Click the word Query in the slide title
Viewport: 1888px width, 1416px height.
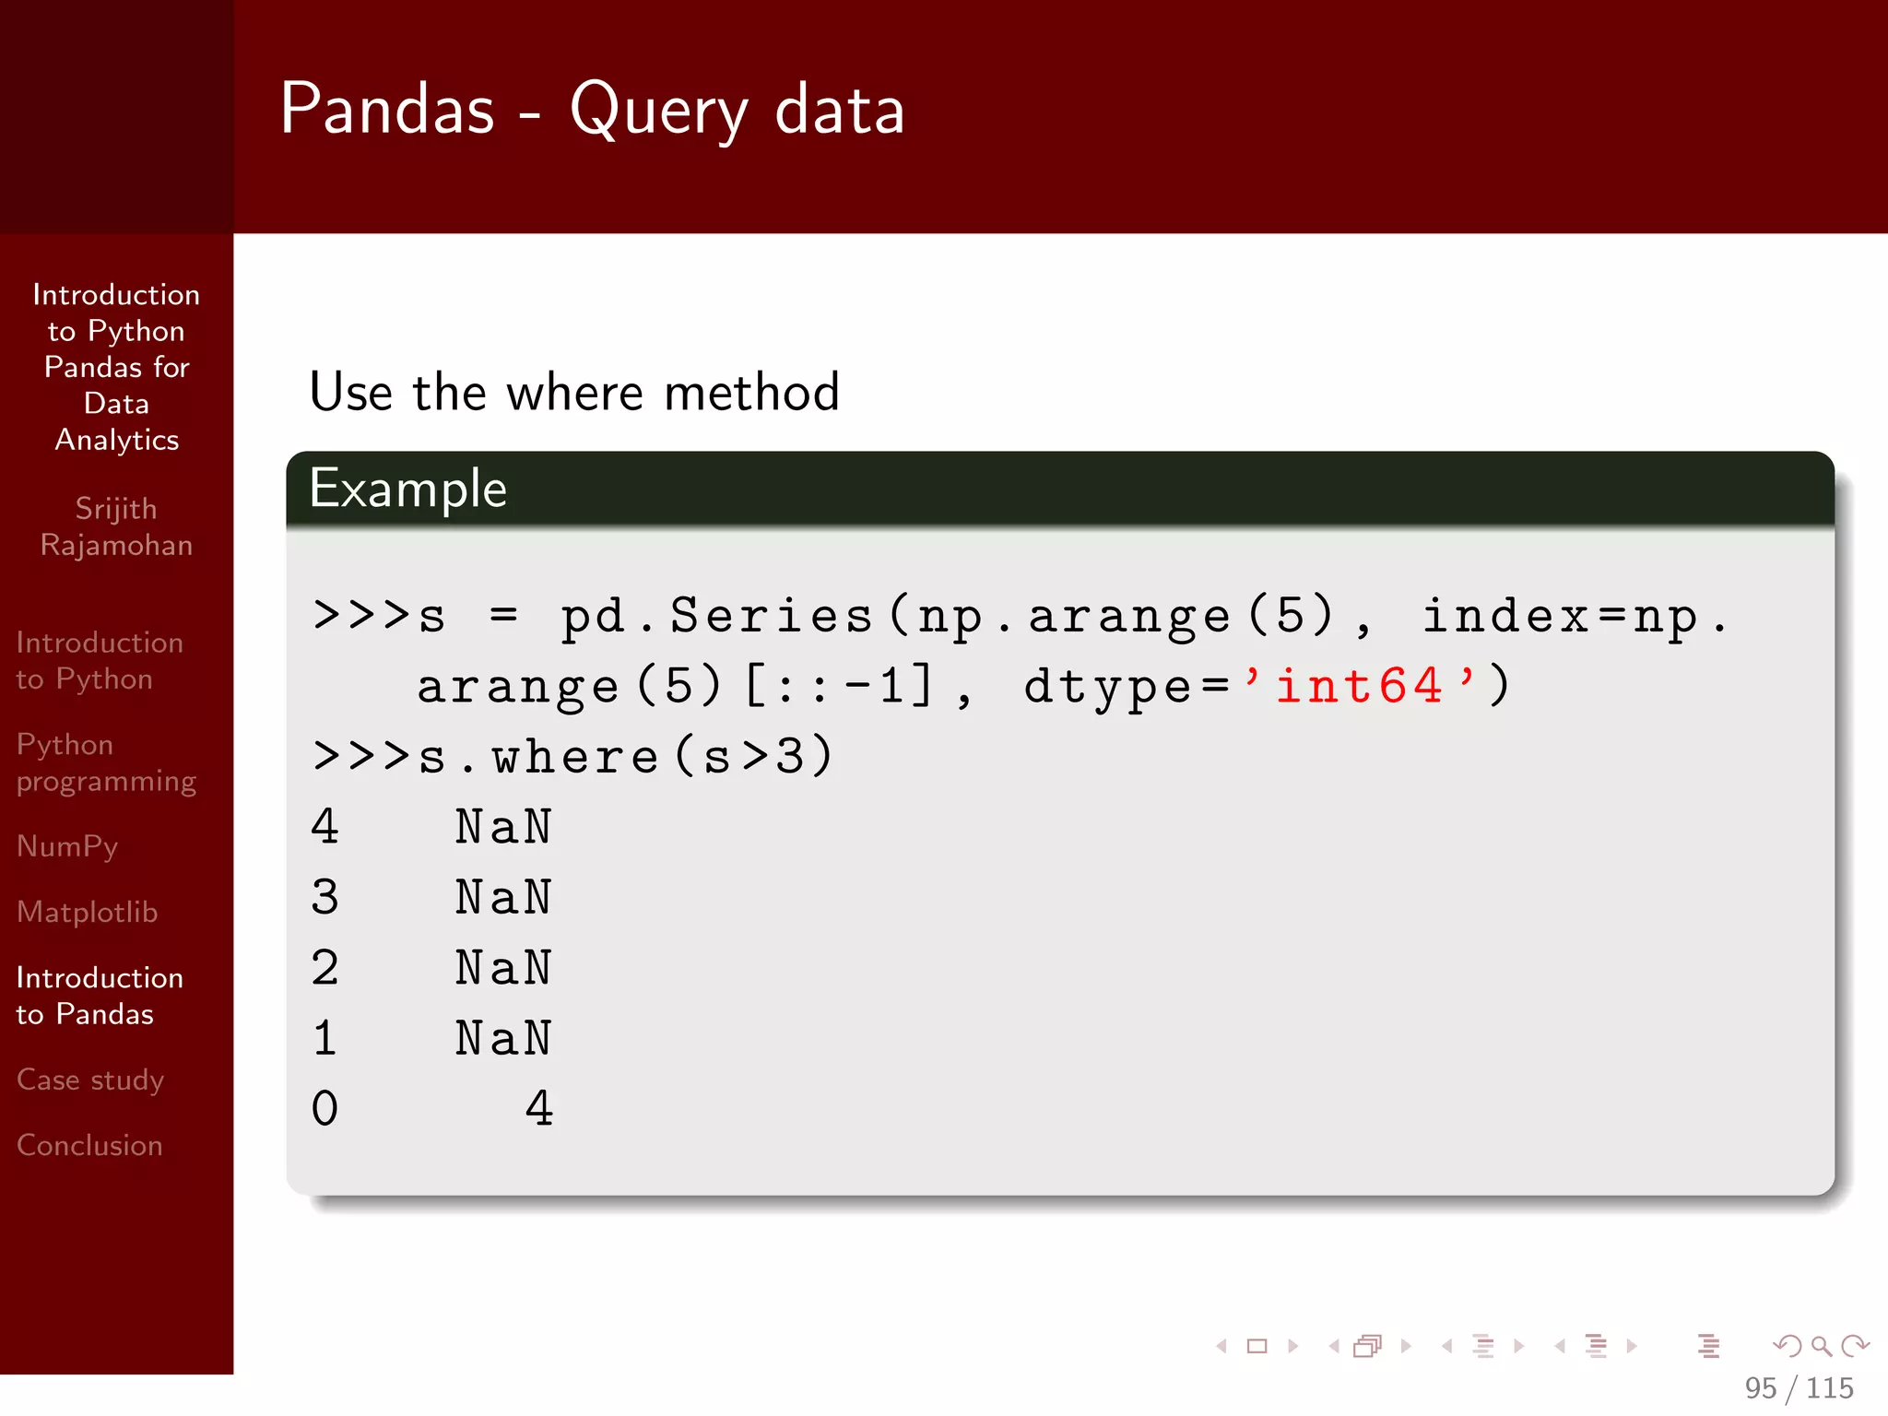click(x=658, y=111)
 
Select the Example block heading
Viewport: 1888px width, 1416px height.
click(x=407, y=489)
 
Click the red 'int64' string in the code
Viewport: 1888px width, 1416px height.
click(x=1359, y=686)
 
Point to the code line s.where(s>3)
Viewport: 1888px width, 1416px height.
click(x=573, y=757)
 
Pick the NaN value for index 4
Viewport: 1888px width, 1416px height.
click(x=503, y=827)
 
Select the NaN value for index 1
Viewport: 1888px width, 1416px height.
click(x=503, y=1039)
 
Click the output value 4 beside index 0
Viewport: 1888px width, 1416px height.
click(x=539, y=1109)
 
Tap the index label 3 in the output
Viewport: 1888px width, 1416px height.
click(x=324, y=898)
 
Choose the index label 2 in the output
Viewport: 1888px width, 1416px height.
click(x=324, y=968)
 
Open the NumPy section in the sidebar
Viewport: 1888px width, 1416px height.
click(x=67, y=846)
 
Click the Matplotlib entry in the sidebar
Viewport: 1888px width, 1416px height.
click(x=88, y=912)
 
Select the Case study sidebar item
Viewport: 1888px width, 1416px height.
click(x=90, y=1080)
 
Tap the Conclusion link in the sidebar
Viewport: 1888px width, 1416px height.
click(x=89, y=1145)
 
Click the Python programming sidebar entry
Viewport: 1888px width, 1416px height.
click(x=106, y=762)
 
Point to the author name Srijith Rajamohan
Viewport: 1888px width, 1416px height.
click(x=116, y=526)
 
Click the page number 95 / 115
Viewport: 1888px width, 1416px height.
click(x=1798, y=1387)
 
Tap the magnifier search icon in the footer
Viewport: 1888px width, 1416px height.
click(x=1821, y=1346)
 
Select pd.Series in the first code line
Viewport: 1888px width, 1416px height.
click(x=716, y=616)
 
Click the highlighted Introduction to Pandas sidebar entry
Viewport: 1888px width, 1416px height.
click(x=100, y=996)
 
